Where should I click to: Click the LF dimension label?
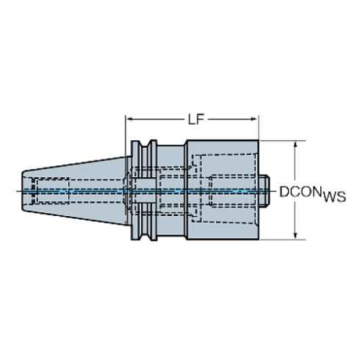196,119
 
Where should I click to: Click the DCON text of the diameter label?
300,192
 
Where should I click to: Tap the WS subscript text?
334,197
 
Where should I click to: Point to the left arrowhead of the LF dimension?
130,119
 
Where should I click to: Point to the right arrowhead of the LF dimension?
255,119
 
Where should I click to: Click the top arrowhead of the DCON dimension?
295,145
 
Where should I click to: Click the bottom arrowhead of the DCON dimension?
295,236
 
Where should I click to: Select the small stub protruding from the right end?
264,191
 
